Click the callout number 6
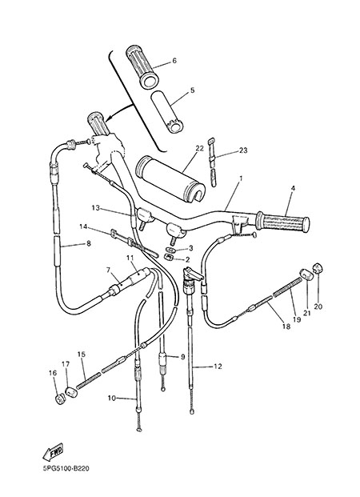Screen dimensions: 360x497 coord(174,61)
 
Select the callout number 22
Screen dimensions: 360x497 coord(199,148)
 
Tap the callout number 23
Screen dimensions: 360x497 coord(243,150)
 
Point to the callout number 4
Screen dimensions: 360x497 coord(293,188)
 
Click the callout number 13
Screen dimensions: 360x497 coord(95,208)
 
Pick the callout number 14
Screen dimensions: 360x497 coord(83,226)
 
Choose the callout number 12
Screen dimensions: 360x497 coord(218,367)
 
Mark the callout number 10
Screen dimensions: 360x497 coord(112,399)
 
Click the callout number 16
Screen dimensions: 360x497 coord(53,373)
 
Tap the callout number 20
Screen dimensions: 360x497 coord(318,307)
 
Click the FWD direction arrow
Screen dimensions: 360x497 coord(53,451)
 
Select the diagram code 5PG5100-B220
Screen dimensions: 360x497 coord(66,468)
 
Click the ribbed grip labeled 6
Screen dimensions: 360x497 coord(142,66)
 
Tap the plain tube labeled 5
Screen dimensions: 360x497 coord(167,112)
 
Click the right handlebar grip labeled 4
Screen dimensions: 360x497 coord(282,221)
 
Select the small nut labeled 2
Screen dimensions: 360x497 coord(170,256)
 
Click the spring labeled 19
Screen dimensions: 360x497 coord(287,287)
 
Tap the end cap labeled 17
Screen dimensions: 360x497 coord(72,392)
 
